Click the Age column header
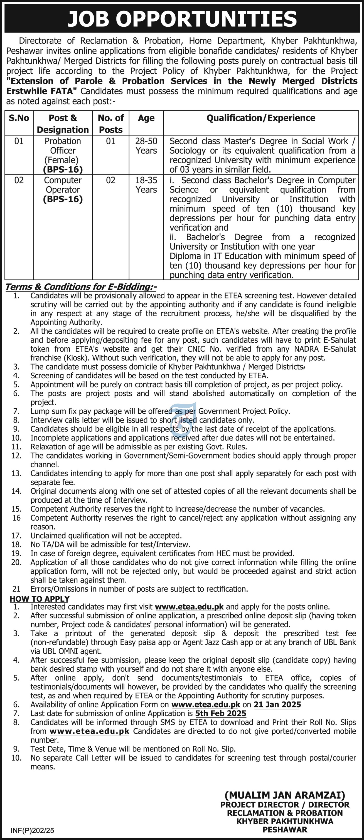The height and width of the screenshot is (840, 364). coord(146,118)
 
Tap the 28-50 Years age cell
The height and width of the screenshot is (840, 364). coord(146,146)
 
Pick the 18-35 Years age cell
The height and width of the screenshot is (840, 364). coord(146,185)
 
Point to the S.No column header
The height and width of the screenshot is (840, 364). coord(19,118)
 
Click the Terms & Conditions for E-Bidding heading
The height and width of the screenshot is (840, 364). coord(81,287)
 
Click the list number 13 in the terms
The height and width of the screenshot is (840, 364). coord(16,473)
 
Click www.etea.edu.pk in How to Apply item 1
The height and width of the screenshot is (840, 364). coord(189,607)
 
